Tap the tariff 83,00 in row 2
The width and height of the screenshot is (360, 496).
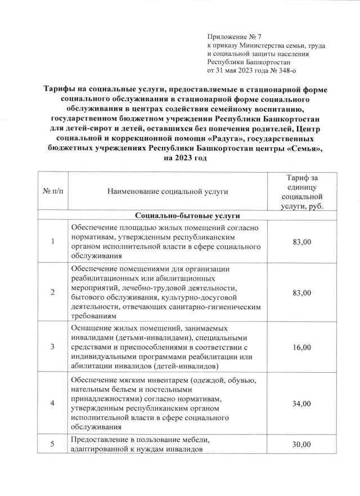click(301, 293)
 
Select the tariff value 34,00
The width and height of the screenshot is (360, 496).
click(301, 403)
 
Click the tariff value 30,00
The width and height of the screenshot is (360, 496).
click(301, 444)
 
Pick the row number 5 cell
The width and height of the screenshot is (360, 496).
click(53, 444)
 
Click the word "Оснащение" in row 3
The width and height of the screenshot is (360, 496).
click(91, 329)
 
